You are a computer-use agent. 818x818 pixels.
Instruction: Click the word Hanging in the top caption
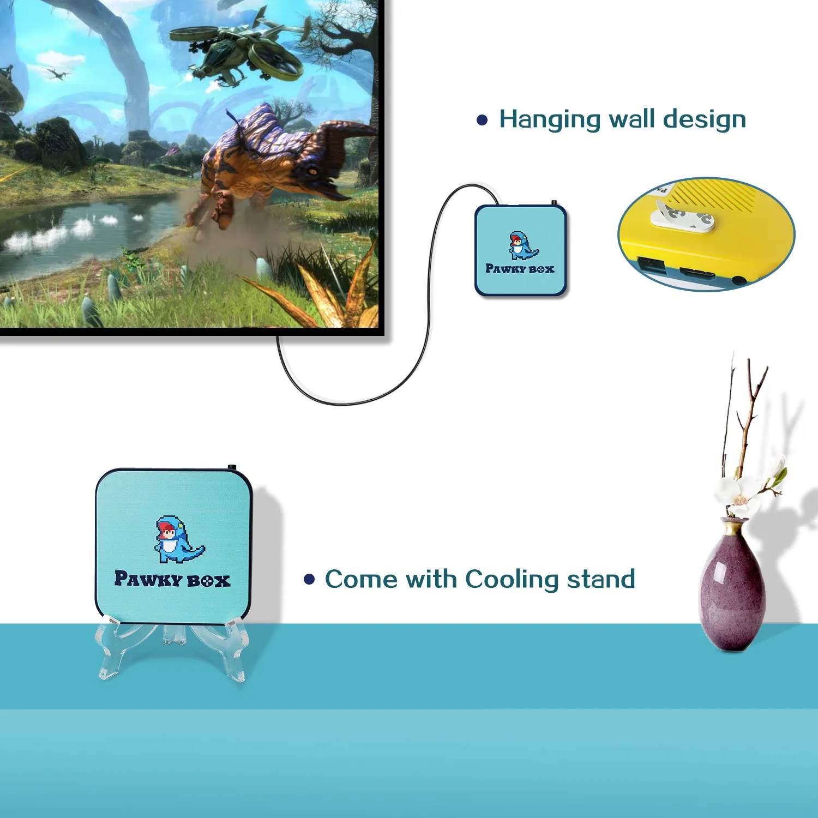pos(549,119)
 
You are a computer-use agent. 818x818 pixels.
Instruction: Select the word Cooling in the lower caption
pos(512,579)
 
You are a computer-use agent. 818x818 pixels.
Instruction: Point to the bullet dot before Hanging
pos(482,120)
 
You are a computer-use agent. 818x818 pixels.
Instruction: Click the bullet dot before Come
pos(309,579)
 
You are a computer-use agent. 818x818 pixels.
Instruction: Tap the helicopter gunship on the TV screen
pos(240,52)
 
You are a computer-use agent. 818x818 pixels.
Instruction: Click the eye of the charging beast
pos(312,171)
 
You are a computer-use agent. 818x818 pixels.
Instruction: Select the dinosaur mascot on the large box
pos(177,540)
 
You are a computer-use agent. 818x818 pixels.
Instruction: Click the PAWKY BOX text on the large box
pos(172,579)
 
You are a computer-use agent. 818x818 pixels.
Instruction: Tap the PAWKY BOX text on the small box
pos(520,269)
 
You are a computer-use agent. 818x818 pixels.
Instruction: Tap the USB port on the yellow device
pos(652,266)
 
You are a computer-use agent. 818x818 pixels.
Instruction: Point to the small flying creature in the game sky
pos(56,73)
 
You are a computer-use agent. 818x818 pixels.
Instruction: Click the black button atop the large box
pos(232,468)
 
